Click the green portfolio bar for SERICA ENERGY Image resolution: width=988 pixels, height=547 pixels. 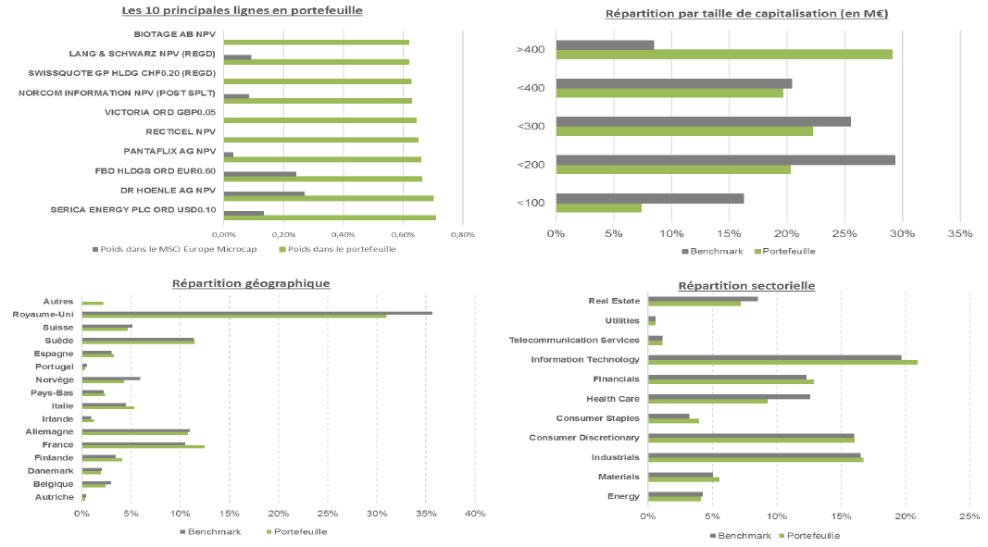pos(330,218)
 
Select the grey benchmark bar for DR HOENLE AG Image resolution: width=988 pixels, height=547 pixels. pos(264,193)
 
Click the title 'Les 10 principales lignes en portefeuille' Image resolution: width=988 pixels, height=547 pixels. pos(243,10)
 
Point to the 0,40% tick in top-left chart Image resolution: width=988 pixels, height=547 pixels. pos(343,234)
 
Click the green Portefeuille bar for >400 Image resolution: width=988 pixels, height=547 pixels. pos(724,54)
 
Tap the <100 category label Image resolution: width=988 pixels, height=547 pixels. pos(531,203)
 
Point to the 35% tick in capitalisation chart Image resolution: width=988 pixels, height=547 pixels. pos(959,233)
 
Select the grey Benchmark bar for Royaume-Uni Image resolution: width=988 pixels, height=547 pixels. pos(256,313)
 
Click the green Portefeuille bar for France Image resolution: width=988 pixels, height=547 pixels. pos(143,447)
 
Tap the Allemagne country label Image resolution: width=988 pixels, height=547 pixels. pos(55,431)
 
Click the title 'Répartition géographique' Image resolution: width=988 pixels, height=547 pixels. pos(251,283)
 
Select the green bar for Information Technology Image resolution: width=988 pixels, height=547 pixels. pos(782,362)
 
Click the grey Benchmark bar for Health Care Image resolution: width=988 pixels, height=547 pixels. pos(729,396)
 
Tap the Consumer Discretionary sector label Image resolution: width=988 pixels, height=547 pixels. pos(583,437)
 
